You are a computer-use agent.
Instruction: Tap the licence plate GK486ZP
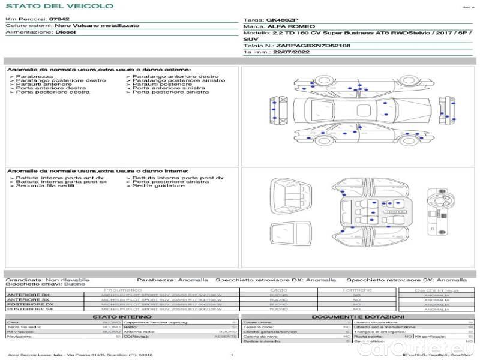point(281,20)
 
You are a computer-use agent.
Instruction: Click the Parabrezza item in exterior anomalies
point(34,77)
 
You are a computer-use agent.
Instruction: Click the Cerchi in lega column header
point(436,290)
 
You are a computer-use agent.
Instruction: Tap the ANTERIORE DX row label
point(28,295)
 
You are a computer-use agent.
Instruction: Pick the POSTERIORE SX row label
point(29,310)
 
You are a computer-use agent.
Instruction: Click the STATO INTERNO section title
point(122,316)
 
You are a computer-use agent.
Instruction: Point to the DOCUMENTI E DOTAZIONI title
point(358,316)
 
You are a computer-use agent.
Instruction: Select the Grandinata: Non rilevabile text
point(48,280)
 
